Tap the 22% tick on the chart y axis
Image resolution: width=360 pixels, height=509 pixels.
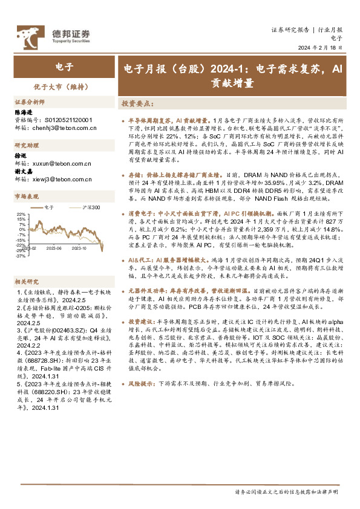pyautogui.click(x=21, y=214)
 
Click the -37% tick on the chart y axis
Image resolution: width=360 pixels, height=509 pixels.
pyautogui.click(x=21, y=256)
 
